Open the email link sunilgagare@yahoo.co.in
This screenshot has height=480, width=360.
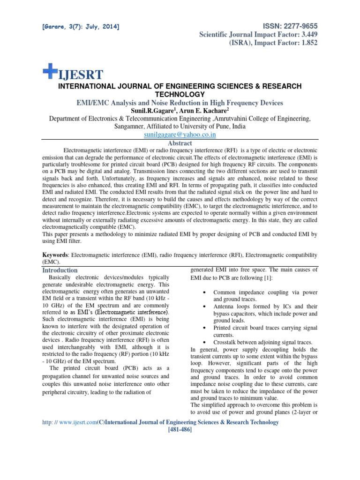coord(180,135)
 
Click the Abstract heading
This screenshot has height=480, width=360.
coord(180,143)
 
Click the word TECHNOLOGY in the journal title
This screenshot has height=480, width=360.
coord(180,95)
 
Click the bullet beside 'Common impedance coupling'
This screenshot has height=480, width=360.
coord(206,292)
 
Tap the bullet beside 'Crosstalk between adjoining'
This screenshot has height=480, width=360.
coord(206,343)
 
